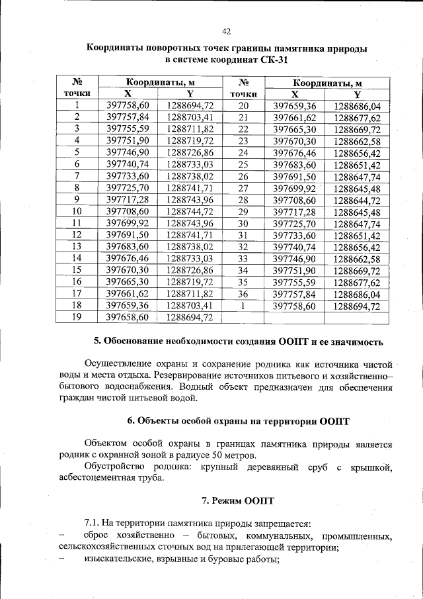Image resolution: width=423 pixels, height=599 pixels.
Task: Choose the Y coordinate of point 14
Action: coord(190,257)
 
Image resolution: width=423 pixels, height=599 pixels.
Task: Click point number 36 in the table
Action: coord(243,294)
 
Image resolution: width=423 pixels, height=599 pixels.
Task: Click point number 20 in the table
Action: coord(243,106)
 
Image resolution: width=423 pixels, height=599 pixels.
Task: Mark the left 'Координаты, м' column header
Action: coord(159,82)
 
